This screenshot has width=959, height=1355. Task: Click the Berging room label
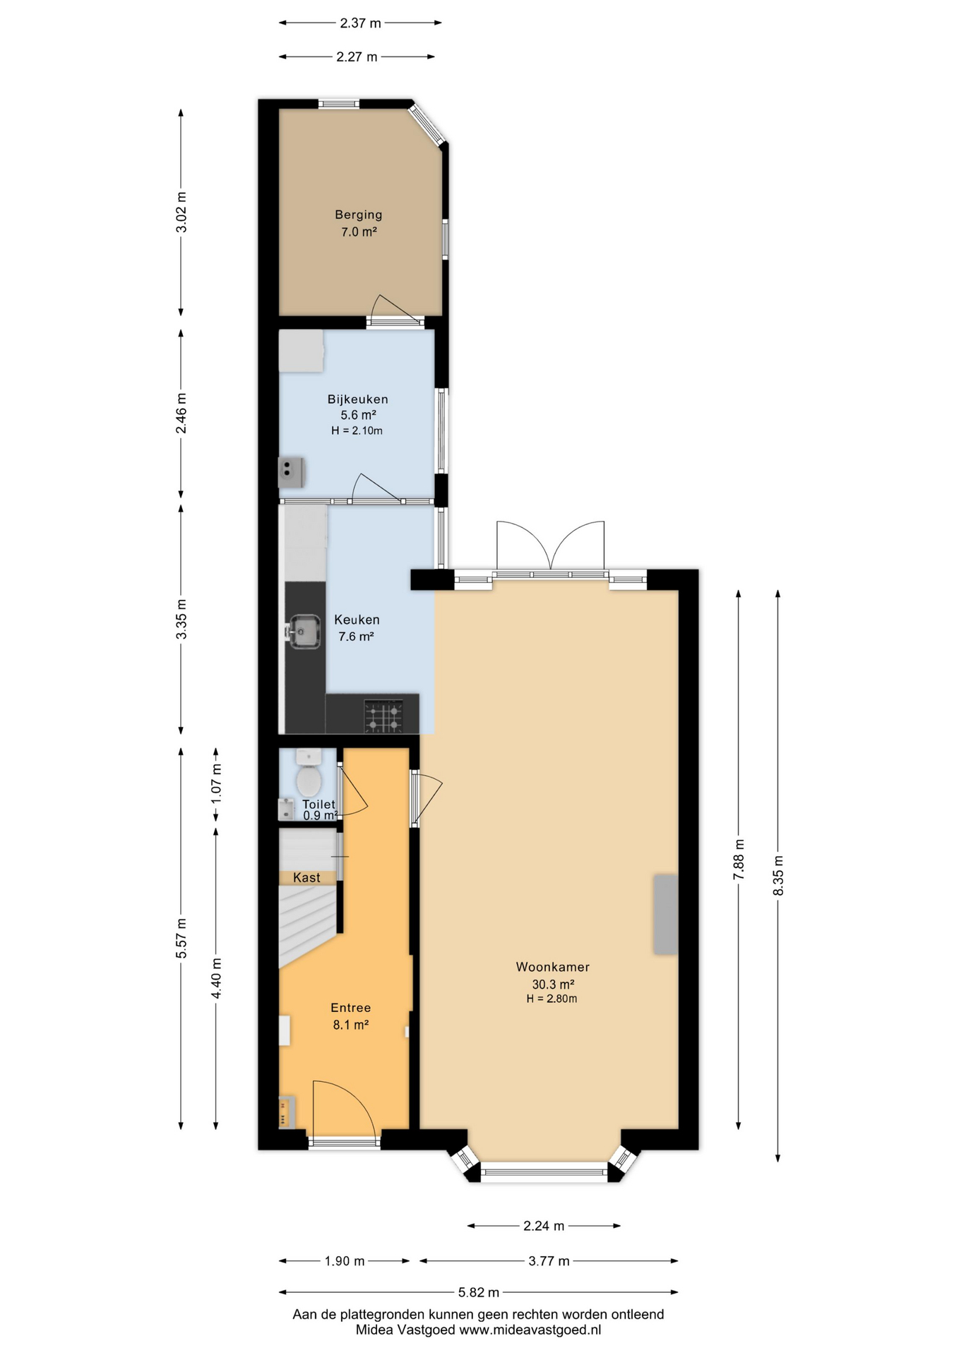point(359,215)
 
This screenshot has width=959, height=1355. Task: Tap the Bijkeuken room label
point(357,399)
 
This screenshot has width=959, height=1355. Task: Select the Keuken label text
point(357,620)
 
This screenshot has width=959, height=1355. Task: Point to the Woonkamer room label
point(552,967)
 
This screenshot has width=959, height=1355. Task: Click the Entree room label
point(350,1008)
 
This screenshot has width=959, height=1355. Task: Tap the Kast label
point(306,877)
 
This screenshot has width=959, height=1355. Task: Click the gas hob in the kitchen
point(383,716)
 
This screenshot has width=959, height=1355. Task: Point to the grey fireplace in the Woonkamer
point(665,915)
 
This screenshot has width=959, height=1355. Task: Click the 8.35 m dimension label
point(778,876)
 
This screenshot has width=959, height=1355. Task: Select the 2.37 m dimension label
point(360,23)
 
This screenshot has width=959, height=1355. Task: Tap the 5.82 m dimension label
point(479,1292)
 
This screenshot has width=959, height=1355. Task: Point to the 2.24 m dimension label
point(544,1226)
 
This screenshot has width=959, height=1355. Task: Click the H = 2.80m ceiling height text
point(552,999)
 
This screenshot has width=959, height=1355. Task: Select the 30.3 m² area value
point(553,984)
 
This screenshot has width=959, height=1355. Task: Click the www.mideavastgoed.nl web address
point(530,1330)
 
